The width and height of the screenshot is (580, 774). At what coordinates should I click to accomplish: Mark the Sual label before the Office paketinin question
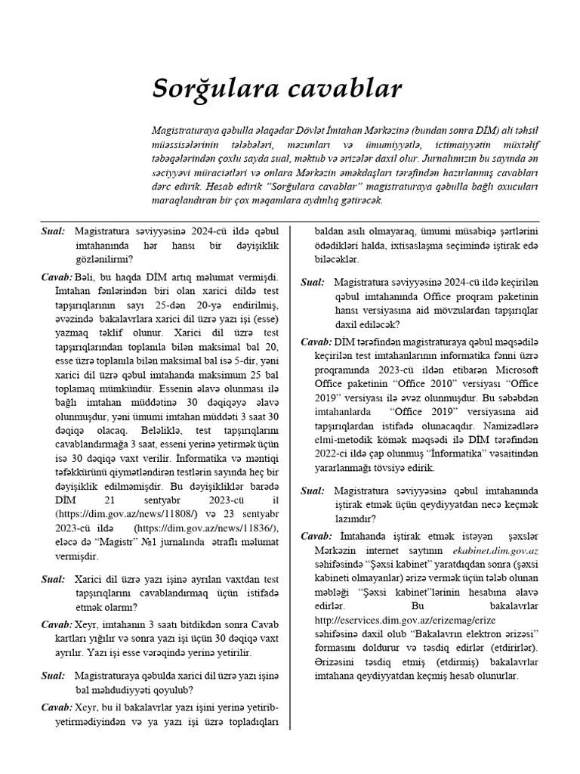313,282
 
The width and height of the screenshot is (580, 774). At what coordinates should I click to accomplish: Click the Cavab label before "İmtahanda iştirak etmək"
316,536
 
